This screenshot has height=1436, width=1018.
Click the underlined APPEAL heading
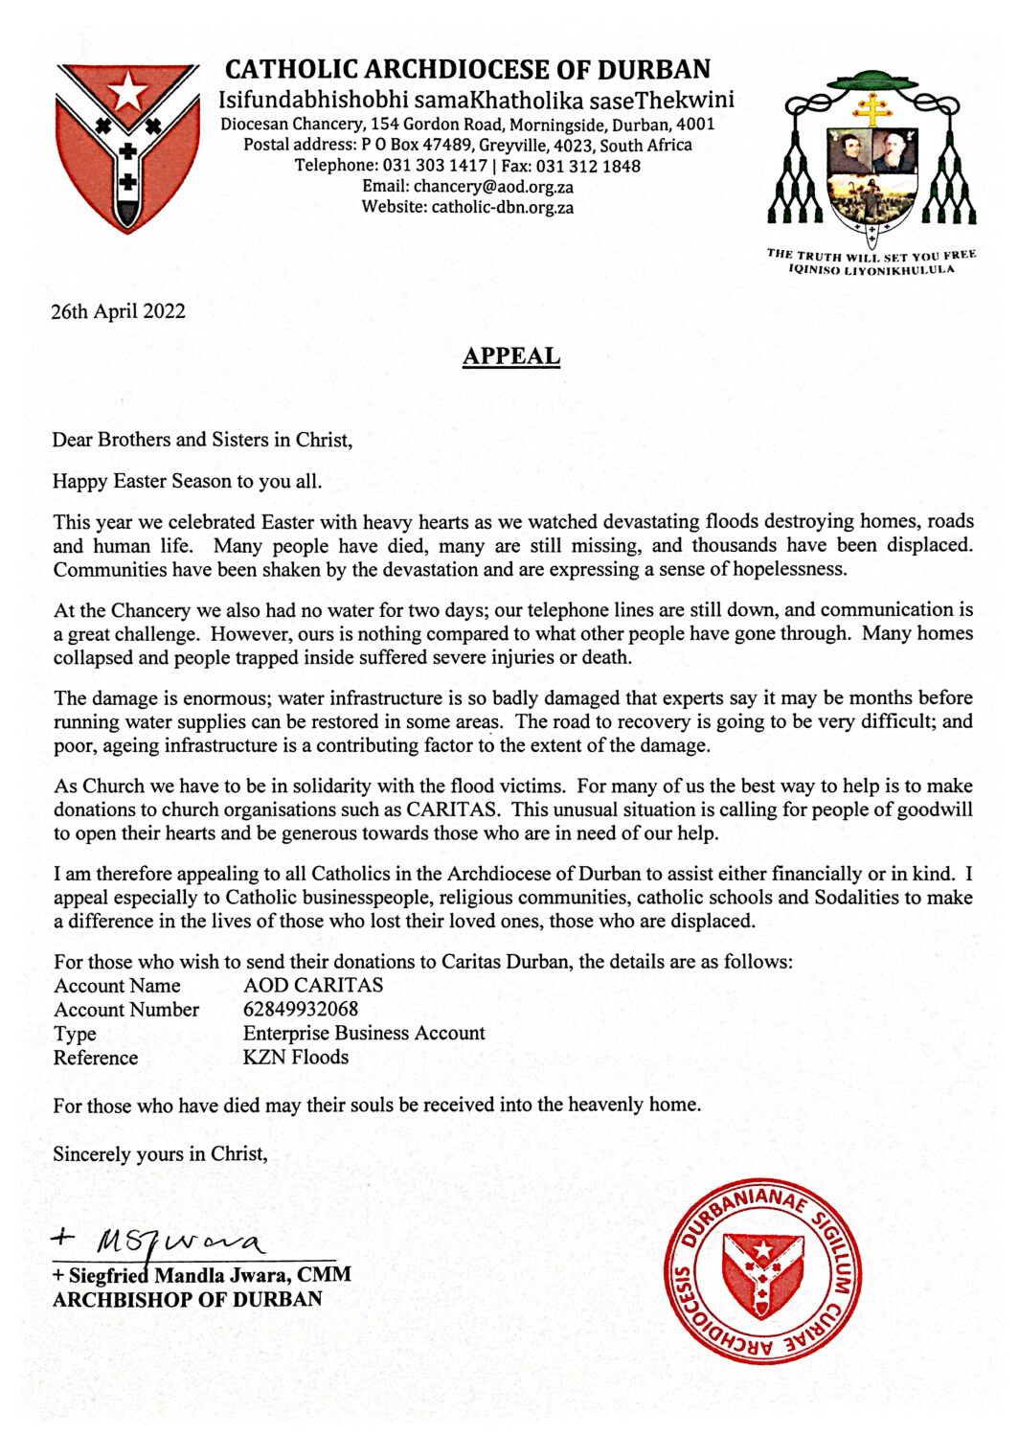(510, 356)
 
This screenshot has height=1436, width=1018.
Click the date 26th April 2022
(118, 311)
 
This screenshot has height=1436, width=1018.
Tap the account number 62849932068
(301, 1010)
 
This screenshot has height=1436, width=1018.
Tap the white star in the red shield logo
(127, 94)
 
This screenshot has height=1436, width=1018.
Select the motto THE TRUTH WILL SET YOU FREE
(871, 254)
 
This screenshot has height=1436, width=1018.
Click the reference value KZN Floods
(295, 1058)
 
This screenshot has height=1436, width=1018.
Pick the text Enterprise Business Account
(364, 1034)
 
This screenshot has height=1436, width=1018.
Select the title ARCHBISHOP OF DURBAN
(188, 1299)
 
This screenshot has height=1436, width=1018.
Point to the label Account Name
(117, 986)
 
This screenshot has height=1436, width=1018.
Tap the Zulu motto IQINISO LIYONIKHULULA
(871, 269)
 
